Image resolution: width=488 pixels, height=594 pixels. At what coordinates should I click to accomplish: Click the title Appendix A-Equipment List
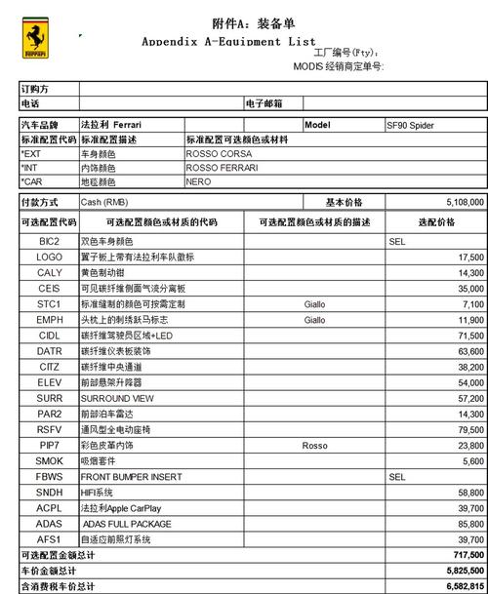228,41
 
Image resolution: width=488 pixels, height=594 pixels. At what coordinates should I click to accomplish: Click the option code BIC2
49,241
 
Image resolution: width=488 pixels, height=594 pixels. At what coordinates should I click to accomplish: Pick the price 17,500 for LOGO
470,257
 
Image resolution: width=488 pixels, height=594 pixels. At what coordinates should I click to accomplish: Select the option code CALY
50,273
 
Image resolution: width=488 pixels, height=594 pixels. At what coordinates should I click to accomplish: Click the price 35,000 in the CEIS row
470,289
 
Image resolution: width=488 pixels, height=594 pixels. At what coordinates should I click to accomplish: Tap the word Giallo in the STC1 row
314,304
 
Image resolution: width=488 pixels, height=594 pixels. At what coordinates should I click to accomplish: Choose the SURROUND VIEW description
117,399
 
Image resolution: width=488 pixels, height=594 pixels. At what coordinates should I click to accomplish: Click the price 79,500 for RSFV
470,430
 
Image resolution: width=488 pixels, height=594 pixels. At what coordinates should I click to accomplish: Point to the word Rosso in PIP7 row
314,446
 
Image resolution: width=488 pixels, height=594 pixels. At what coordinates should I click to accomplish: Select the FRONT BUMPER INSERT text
131,477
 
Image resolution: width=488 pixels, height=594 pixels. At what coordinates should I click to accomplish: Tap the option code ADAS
50,524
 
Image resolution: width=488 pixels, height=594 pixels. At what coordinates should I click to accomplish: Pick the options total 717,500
468,554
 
